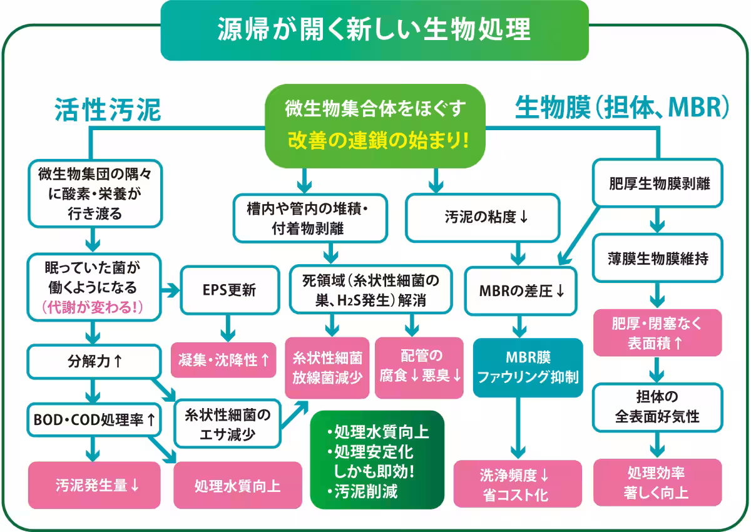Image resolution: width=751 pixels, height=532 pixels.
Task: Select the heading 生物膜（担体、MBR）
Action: [x=622, y=108]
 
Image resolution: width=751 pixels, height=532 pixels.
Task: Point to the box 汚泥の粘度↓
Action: [x=482, y=218]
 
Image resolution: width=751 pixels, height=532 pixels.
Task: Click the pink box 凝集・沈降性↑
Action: [x=224, y=360]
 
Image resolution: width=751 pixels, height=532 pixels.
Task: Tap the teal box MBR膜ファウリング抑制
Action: [x=528, y=368]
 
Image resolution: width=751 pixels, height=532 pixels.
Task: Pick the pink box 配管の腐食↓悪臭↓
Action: [x=419, y=367]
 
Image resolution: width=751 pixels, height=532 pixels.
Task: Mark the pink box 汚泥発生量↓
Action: [x=95, y=484]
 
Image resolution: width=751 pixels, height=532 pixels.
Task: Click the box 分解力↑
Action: [x=94, y=362]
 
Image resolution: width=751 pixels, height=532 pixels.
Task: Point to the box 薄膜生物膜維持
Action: [x=658, y=257]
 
